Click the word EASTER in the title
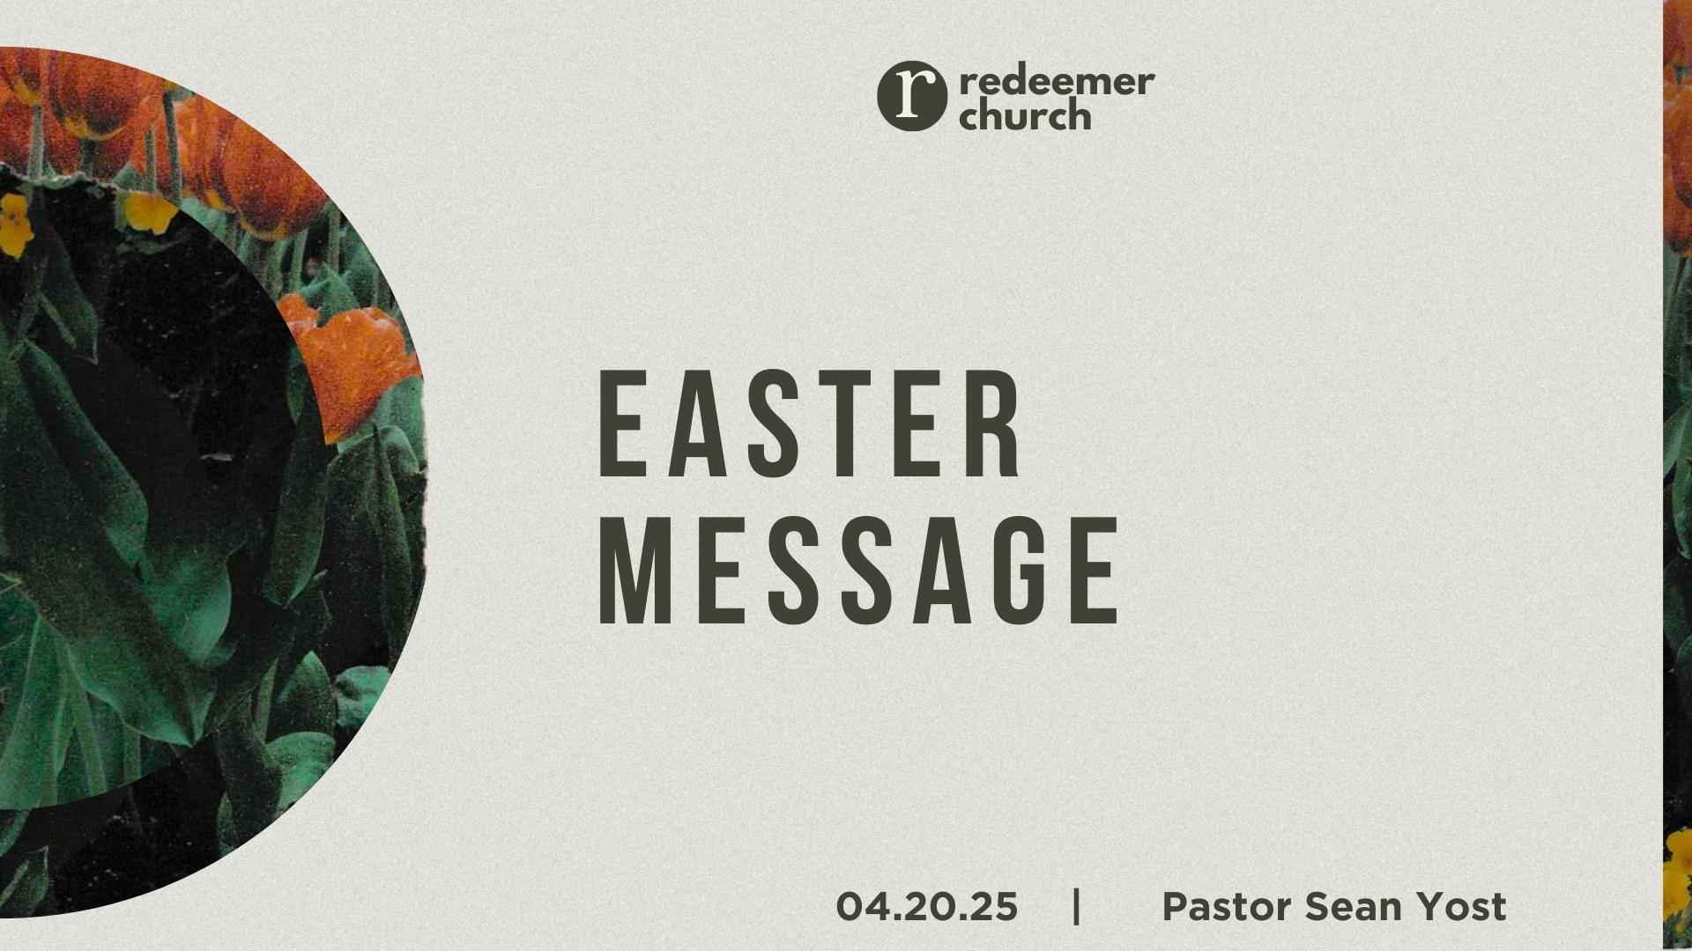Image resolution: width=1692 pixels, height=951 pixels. (810, 424)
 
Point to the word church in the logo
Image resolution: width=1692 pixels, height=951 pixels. (1025, 114)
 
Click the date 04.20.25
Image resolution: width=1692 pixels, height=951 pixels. (927, 906)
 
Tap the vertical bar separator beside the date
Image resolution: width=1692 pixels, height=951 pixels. (1077, 906)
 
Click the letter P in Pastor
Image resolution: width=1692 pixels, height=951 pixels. (1176, 906)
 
